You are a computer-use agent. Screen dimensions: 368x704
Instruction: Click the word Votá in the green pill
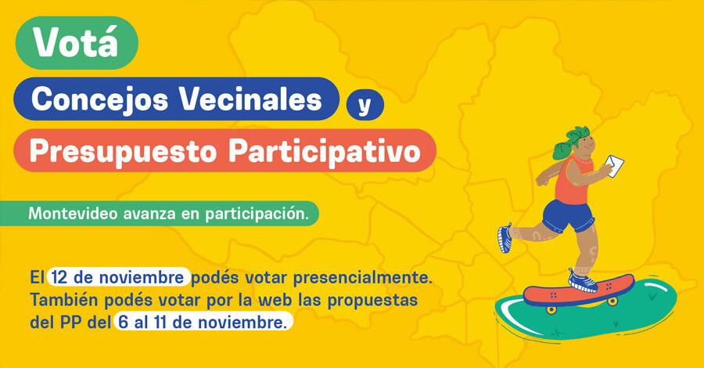76,43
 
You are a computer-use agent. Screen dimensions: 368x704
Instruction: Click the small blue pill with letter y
363,105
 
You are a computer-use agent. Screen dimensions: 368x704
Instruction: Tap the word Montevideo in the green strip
65,213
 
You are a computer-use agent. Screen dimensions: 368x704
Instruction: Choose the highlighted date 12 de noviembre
119,278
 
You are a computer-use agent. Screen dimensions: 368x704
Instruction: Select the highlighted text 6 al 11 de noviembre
203,322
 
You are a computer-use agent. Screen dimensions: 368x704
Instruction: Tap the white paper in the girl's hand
614,165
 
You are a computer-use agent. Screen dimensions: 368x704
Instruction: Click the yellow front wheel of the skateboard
551,308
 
